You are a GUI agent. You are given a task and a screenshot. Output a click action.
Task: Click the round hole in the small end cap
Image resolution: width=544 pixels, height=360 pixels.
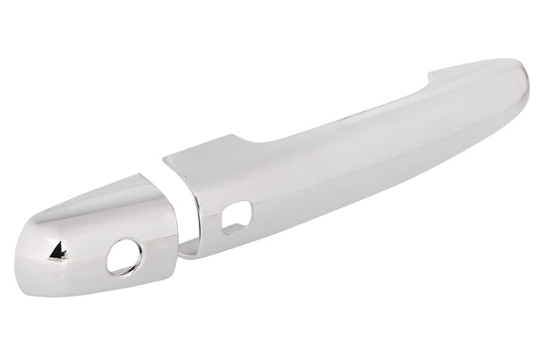pos(124,257)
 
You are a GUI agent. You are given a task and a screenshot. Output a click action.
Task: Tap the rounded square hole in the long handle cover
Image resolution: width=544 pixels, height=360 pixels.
pos(236,215)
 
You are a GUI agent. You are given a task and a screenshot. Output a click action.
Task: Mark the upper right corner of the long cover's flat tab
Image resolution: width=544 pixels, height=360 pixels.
pos(235,136)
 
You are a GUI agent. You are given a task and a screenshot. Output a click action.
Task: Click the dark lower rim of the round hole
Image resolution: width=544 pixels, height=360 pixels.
pos(123,270)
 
